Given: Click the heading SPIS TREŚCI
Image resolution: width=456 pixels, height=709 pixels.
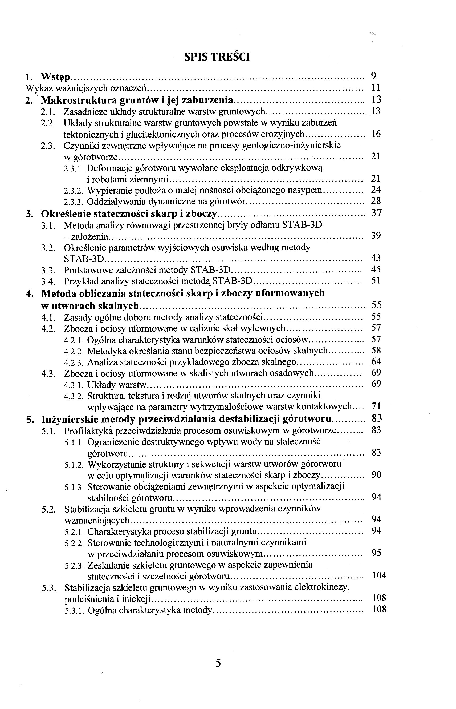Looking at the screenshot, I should coord(217,57).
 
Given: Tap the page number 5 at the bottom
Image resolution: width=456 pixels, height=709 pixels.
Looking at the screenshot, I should coord(218,663).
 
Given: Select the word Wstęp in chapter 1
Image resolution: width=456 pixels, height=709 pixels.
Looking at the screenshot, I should coord(56,77).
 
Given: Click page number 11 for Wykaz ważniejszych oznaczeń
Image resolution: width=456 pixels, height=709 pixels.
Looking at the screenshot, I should coord(376,88).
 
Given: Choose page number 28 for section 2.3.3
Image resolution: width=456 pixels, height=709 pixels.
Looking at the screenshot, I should coord(376,201).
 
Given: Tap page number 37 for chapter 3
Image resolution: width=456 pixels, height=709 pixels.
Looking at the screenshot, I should coord(376,213).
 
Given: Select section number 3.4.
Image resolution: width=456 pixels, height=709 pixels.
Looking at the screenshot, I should coord(48,281).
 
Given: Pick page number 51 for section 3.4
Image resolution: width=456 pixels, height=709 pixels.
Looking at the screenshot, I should coord(376,280).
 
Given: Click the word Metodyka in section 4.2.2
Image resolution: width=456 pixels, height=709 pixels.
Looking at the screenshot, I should coord(106,351).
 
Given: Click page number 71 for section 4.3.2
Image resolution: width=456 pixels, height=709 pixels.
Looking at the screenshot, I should coord(376,406).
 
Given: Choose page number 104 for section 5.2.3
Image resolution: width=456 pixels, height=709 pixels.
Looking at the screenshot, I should coord(379,575).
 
